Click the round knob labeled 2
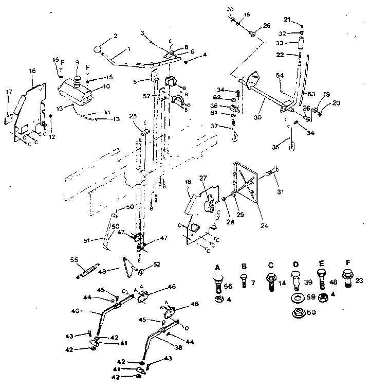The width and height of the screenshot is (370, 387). pos(99,49)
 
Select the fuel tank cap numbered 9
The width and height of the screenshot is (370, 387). pos(78,80)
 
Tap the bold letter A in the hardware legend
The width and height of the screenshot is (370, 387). pos(217,267)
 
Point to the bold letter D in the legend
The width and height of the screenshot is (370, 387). pos(297,267)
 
